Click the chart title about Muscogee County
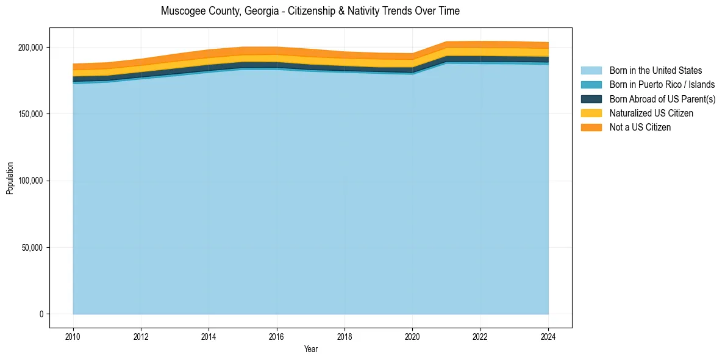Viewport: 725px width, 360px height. pyautogui.click(x=310, y=11)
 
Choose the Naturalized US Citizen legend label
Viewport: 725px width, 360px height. pyautogui.click(x=651, y=113)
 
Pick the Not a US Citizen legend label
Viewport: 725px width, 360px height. pyautogui.click(x=640, y=128)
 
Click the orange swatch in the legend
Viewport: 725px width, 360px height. pyautogui.click(x=591, y=128)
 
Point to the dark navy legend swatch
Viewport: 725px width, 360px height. pyautogui.click(x=591, y=99)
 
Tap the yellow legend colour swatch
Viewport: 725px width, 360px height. pyautogui.click(x=591, y=113)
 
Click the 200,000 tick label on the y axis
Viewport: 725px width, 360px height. pyautogui.click(x=30, y=48)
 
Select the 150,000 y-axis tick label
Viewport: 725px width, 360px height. pyautogui.click(x=30, y=114)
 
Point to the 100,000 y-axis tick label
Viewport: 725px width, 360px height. pyautogui.click(x=30, y=181)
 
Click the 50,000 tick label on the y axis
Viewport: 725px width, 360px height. pyautogui.click(x=32, y=248)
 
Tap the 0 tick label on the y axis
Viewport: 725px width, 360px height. pyautogui.click(x=41, y=314)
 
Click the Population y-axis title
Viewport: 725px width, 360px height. pyautogui.click(x=10, y=178)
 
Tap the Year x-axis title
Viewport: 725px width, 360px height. pyautogui.click(x=310, y=349)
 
